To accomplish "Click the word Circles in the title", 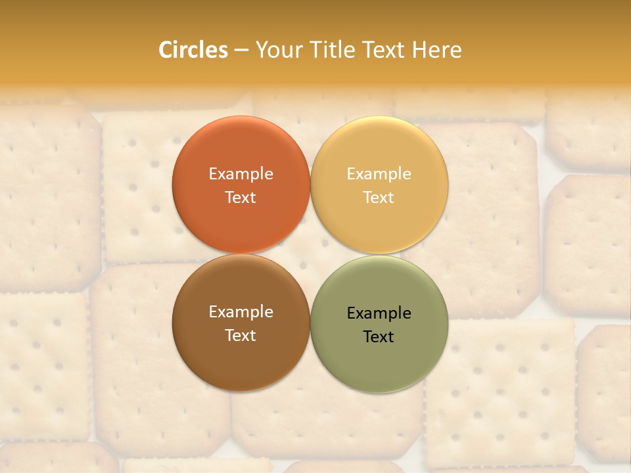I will tap(193, 50).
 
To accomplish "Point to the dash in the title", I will tap(241, 51).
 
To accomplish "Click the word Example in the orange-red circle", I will tap(241, 174).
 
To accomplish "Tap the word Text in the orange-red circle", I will tap(241, 198).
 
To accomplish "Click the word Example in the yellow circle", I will tap(379, 174).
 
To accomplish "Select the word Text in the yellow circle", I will tap(379, 198).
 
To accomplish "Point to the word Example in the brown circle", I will tap(241, 312).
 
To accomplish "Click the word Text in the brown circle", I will tap(241, 336).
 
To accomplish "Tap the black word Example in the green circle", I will tap(379, 313).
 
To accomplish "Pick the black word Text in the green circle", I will tap(379, 337).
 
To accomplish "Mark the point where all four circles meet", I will tap(310, 254).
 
